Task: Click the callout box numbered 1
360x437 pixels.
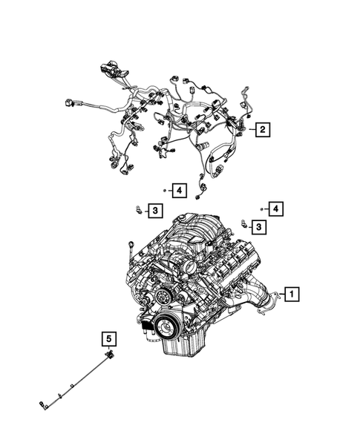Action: pyautogui.click(x=292, y=295)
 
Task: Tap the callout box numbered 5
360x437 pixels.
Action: pyautogui.click(x=109, y=341)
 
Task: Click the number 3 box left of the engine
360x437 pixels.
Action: pyautogui.click(x=154, y=212)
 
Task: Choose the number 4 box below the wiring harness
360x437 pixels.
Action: pyautogui.click(x=178, y=191)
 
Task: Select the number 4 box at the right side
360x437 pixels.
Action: pyautogui.click(x=275, y=209)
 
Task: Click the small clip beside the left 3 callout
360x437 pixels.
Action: pyautogui.click(x=138, y=210)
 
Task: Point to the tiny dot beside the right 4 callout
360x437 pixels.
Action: pyautogui.click(x=261, y=210)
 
